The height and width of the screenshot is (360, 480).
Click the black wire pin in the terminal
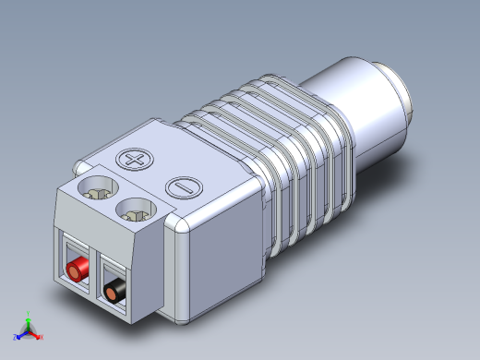[x=114, y=294]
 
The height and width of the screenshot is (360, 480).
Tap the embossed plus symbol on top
[x=136, y=161]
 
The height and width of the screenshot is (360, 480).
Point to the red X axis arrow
[x=37, y=336]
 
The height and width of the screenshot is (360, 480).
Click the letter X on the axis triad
[x=42, y=338]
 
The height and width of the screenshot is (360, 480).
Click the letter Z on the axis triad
[x=13, y=337]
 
